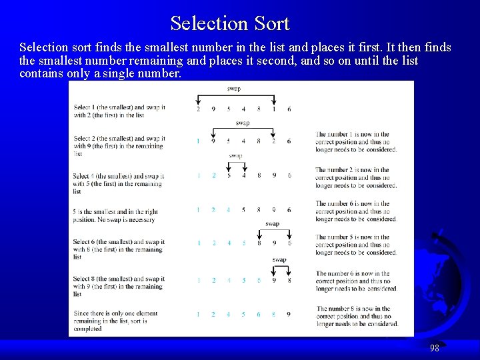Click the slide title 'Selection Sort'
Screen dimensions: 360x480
[x=230, y=23]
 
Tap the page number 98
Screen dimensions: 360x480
[x=434, y=347]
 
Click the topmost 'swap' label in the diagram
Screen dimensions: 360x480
[x=234, y=89]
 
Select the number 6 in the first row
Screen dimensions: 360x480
[x=289, y=109]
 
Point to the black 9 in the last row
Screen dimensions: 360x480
[x=289, y=315]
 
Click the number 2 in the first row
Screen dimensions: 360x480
[x=198, y=109]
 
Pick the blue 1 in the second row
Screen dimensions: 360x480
[x=198, y=141]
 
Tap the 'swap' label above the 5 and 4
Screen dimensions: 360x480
[x=235, y=156]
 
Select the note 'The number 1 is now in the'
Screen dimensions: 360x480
[x=353, y=134]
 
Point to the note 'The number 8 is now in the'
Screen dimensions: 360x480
[x=353, y=309]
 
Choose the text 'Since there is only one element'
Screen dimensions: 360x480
[x=116, y=313]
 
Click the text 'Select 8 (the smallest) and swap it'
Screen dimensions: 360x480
[x=119, y=279]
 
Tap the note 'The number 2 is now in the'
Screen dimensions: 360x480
[x=353, y=170]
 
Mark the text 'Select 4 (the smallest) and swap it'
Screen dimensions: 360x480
[x=119, y=177]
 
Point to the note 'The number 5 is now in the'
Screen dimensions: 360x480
[x=353, y=237]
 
